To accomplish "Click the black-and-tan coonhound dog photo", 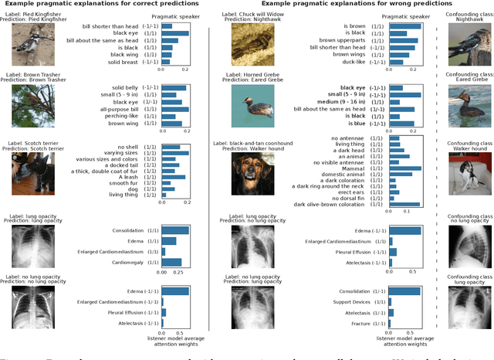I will tap(255, 172).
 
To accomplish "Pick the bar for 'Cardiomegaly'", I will tap(171, 261).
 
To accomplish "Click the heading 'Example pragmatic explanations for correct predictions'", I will tap(105, 6).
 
